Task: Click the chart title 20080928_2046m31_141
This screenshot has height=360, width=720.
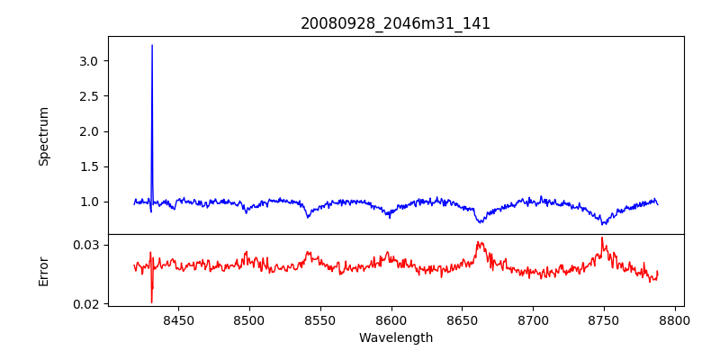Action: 395,23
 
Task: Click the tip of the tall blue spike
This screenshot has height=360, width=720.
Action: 152,45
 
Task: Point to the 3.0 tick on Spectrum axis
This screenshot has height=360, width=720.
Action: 94,61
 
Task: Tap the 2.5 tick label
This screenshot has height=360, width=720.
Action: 94,96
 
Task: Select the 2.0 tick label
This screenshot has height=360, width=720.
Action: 94,131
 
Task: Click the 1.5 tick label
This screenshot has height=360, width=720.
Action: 94,166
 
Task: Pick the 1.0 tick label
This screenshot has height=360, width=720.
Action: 94,202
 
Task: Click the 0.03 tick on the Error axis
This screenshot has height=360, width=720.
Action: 90,245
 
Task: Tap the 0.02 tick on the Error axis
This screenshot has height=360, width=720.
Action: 90,304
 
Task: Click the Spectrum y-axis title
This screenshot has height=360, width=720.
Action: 43,136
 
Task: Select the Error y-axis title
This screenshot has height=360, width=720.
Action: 43,271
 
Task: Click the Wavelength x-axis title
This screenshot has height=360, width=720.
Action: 396,338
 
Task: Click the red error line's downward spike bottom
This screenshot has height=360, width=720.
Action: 151,302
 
